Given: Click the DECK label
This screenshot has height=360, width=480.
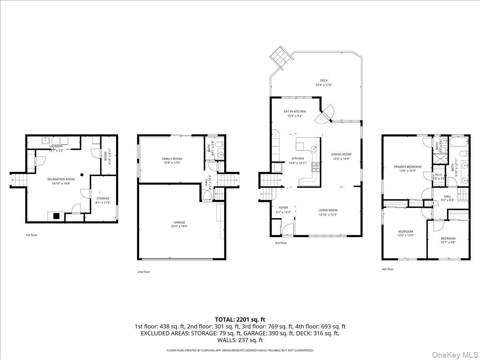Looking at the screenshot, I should coord(324,80).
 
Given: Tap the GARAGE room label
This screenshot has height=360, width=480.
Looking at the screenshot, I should coord(179,222).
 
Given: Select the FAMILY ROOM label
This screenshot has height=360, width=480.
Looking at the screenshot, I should coord(172,159).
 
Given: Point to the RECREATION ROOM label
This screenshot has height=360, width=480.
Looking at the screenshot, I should coord(61,179).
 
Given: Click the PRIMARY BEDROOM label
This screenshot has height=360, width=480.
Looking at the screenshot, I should coord(407,166).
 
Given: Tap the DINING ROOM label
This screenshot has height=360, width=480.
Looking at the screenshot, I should coord(341,154).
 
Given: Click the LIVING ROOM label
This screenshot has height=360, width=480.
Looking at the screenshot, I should coord(328,210).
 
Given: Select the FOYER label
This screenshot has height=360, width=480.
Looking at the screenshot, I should coord(283,208).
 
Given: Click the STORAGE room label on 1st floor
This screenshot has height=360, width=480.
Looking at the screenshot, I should coord(103,198).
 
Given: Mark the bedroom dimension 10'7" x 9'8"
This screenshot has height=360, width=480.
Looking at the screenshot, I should coord(448,243).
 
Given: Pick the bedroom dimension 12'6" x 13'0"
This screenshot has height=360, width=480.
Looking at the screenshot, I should coord(406,236).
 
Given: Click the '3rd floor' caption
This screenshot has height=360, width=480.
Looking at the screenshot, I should coord(280,243).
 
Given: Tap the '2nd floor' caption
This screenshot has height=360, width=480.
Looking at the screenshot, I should coord(144,272).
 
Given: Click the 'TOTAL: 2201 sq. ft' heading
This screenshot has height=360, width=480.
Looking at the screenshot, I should coord(240,319).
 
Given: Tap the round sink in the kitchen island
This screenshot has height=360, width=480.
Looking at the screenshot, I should coord(314,148).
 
